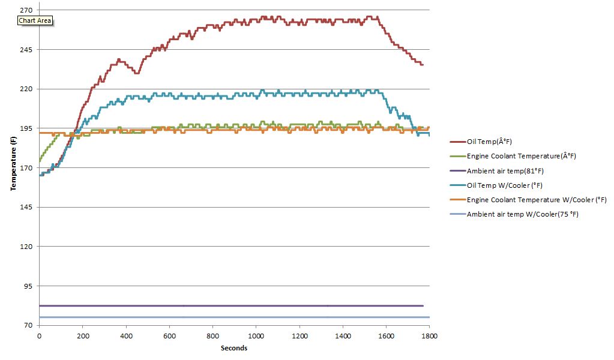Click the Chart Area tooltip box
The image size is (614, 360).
coord(35,20)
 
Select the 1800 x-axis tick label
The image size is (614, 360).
coord(429,337)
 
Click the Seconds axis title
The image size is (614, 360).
coord(233,348)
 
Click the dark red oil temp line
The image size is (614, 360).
coord(300,20)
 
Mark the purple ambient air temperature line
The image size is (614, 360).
coord(240,306)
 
